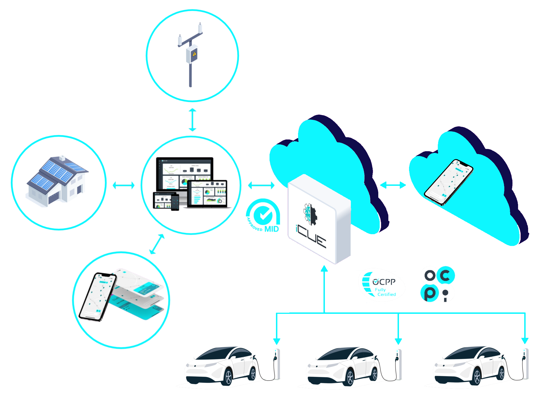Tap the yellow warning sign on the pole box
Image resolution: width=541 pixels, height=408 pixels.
195,54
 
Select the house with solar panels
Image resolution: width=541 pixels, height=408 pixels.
57,182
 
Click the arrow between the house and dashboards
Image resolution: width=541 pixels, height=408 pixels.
123,185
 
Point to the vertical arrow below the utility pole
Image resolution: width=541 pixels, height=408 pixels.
192,120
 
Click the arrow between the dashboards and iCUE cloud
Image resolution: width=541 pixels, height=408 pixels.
261,185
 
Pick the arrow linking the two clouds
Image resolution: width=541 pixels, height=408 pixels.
393,185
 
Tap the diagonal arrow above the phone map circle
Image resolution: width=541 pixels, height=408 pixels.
157,244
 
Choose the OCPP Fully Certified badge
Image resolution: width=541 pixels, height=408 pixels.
382,285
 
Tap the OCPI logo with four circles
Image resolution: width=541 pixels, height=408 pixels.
438,284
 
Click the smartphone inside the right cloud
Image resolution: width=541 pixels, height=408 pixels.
448,182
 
